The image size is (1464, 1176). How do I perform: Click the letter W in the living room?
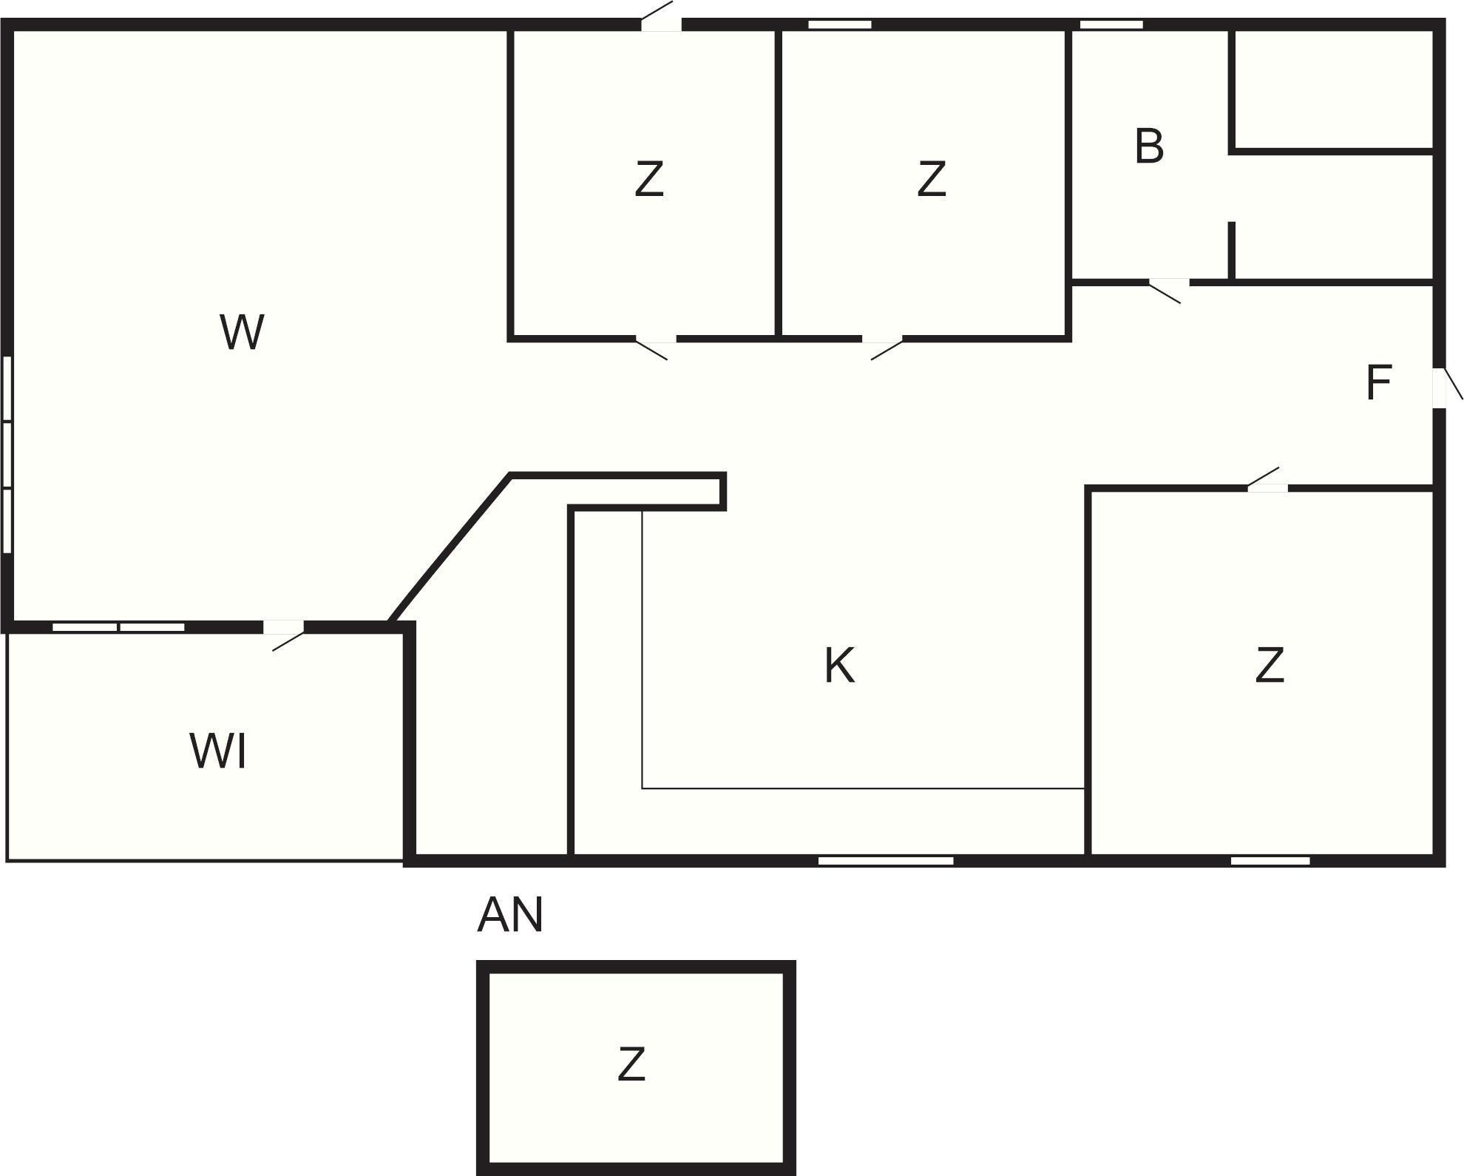pos(242,332)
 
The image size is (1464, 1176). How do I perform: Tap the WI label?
pos(218,751)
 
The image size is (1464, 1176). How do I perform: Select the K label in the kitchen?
pos(839,665)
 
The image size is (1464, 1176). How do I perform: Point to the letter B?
pos(1148,146)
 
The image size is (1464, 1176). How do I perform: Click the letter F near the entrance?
pos(1378,383)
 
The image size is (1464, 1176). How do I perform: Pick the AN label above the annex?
pos(510,915)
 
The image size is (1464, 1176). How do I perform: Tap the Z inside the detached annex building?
pos(631,1064)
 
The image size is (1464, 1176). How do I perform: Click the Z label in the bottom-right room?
pos(1270,665)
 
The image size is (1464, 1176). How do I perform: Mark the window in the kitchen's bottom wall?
pos(886,860)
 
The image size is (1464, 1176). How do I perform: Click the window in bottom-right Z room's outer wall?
pos(1270,860)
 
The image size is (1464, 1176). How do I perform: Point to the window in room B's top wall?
pos(1111,24)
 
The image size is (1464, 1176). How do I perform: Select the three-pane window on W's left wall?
pos(7,455)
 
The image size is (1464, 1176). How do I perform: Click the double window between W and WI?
pos(118,627)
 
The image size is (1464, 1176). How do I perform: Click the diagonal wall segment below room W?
pos(450,548)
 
